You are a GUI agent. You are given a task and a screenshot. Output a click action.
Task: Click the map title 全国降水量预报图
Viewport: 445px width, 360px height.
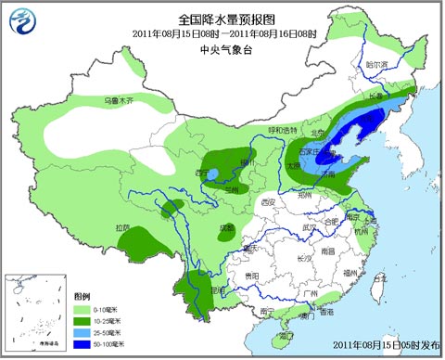[x=222, y=18]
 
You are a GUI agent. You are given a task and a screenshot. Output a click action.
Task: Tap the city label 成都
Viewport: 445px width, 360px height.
[x=227, y=225]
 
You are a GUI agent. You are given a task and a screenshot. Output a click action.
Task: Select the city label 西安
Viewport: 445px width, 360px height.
[x=268, y=202]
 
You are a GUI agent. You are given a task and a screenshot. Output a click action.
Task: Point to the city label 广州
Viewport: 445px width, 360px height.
[x=311, y=293]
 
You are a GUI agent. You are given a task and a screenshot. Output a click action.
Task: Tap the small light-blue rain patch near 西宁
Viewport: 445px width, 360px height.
[x=212, y=174]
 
